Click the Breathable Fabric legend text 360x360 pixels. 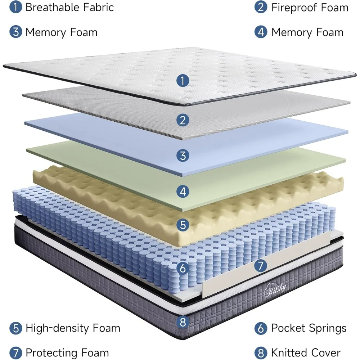coord(69,7)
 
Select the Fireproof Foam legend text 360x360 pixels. coord(310,7)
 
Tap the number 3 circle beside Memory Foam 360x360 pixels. coord(15,32)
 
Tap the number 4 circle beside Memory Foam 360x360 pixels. coord(261,32)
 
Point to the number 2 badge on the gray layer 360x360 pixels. coord(183,120)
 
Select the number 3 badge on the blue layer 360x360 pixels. coord(183,156)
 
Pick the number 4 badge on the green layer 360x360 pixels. coord(183,191)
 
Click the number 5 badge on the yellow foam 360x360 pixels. coord(183,225)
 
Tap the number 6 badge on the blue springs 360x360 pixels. coord(183,268)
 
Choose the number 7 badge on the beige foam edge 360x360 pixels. coord(261,266)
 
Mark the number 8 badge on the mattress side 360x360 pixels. coord(183,322)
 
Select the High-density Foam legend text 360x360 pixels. coord(73,328)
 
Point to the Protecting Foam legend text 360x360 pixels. coord(67,353)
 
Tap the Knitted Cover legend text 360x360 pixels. coord(306,353)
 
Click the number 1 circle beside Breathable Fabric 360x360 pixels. coord(15,7)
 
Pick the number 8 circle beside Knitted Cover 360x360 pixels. coord(261,353)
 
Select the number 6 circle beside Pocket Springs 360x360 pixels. coord(261,328)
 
